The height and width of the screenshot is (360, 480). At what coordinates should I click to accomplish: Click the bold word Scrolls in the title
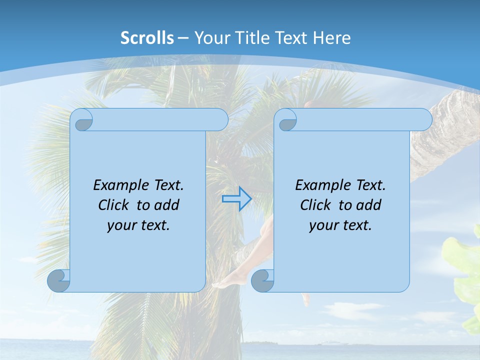147,37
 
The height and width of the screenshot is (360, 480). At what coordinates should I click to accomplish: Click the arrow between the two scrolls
236,199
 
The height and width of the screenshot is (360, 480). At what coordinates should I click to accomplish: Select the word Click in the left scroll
114,205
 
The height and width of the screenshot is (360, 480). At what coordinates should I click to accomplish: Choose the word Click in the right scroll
316,205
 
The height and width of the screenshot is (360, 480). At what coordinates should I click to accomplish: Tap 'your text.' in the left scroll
138,225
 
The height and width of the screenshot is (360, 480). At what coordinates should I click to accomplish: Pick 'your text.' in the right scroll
340,225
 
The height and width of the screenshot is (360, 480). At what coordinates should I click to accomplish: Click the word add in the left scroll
167,205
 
